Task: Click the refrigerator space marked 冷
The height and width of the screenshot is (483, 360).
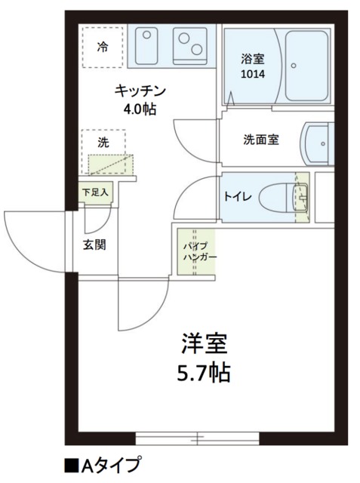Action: [102, 46]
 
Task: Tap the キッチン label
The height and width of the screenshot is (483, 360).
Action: [140, 92]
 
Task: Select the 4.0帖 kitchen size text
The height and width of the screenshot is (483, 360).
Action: [140, 109]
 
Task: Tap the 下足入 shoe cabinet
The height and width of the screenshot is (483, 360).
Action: [96, 192]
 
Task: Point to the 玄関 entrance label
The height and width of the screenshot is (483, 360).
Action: [94, 244]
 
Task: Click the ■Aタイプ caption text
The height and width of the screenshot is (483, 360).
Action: [102, 463]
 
